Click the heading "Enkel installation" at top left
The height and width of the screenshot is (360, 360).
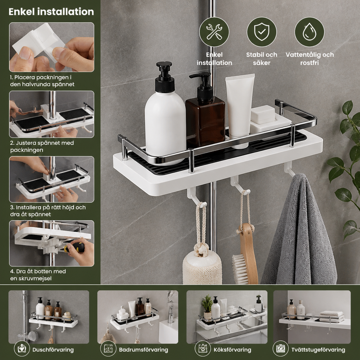[x=51, y=12]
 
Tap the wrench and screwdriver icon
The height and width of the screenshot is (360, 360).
[x=214, y=32]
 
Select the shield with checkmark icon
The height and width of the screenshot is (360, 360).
[x=262, y=32]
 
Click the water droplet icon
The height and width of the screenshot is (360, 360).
[x=309, y=32]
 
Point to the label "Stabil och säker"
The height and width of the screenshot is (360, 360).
[x=262, y=59]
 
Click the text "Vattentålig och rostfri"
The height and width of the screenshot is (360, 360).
[x=309, y=59]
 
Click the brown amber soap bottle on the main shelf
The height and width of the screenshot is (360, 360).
[x=205, y=110]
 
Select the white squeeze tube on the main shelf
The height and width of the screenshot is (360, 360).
[x=240, y=110]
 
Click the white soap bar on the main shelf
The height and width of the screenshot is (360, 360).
[x=263, y=114]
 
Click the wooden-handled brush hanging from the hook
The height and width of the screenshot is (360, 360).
[x=245, y=252]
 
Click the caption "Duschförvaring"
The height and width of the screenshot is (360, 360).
[x=53, y=350]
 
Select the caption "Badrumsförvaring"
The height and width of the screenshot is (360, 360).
[x=143, y=350]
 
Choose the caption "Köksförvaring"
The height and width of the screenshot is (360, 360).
[x=232, y=350]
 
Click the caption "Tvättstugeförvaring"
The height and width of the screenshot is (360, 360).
[x=318, y=350]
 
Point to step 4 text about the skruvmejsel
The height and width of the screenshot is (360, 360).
[x=38, y=275]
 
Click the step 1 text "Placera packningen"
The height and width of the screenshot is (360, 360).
[x=41, y=77]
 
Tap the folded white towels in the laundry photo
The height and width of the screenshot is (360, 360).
[x=332, y=316]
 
